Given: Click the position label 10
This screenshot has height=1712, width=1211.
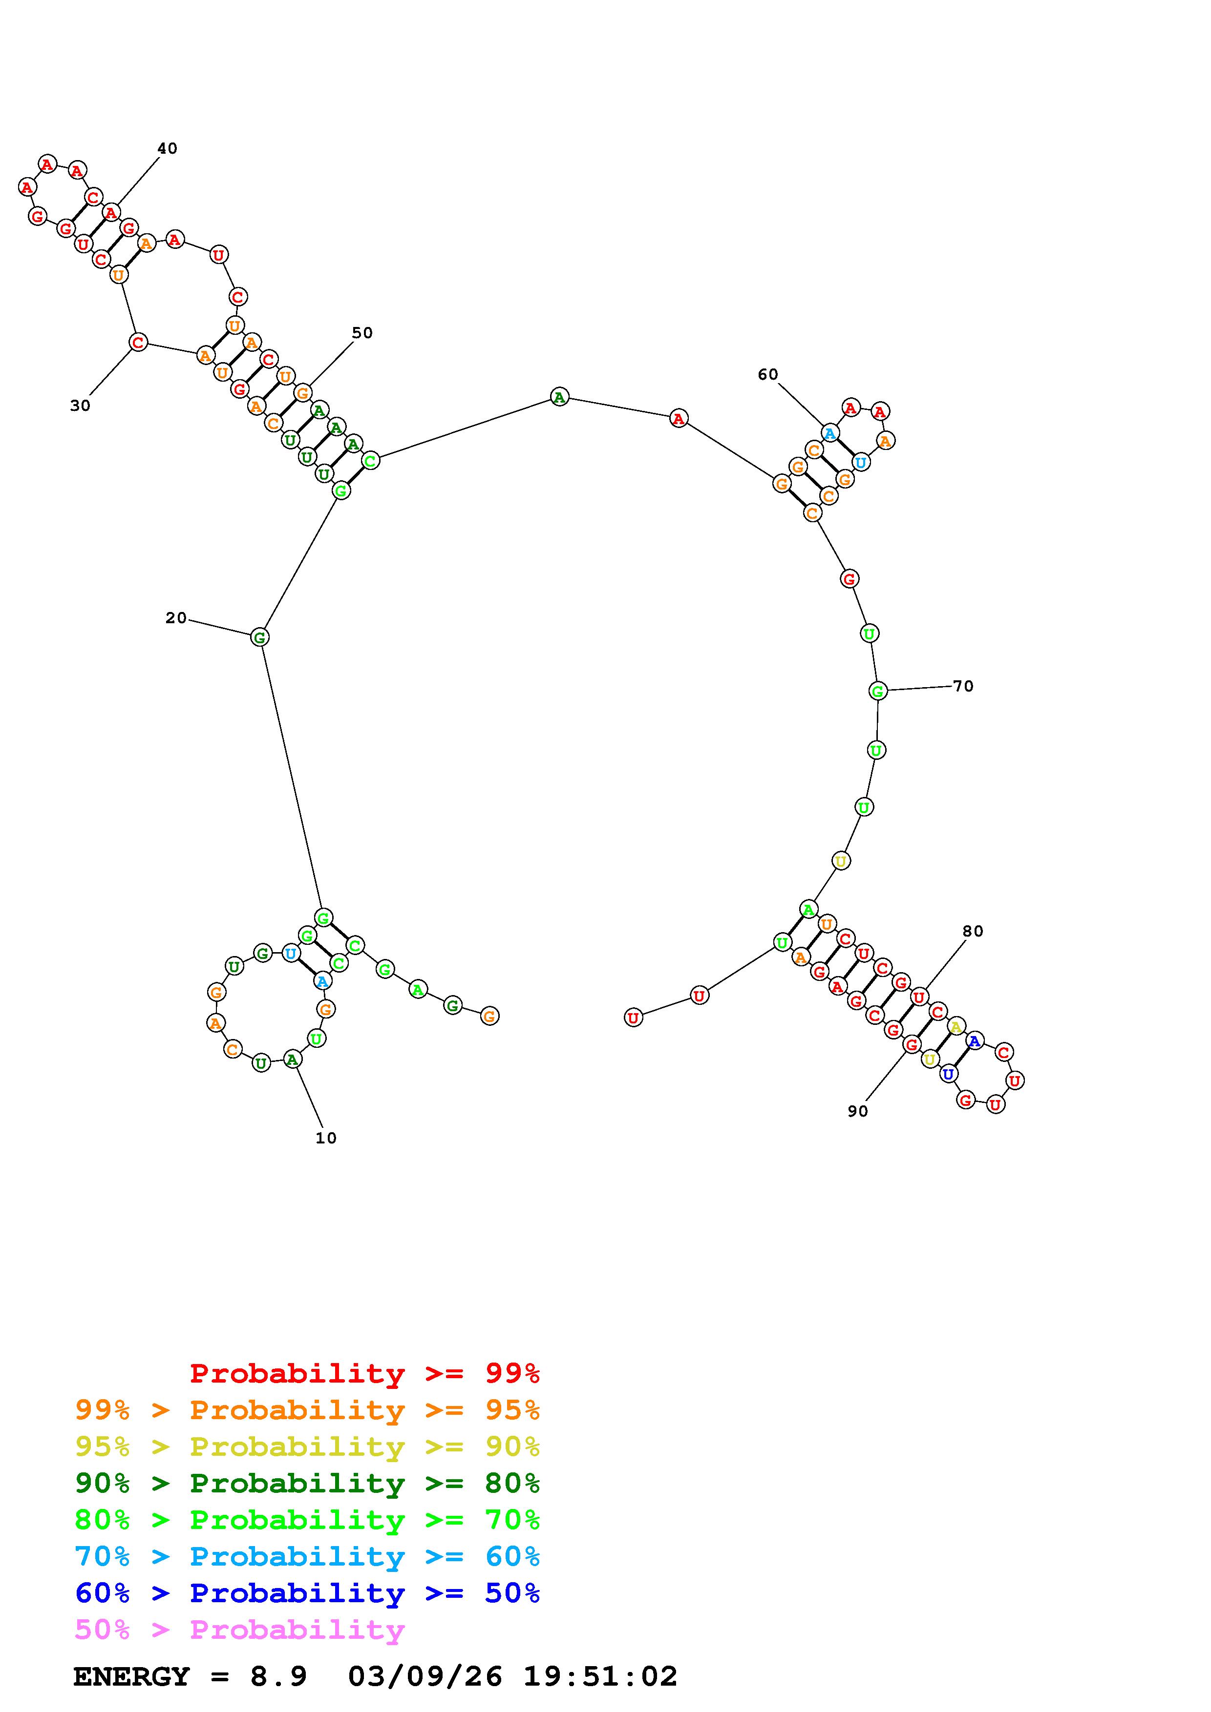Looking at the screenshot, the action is (326, 1138).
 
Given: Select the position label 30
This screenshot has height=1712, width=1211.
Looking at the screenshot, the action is (80, 406).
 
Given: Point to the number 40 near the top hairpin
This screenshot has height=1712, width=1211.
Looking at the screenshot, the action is (167, 148).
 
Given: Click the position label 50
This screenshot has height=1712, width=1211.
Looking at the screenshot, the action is (362, 332).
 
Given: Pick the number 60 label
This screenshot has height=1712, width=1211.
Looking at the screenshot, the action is (768, 374).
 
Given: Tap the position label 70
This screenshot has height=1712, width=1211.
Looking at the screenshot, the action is (963, 686).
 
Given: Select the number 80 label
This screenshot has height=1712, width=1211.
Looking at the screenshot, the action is (973, 931).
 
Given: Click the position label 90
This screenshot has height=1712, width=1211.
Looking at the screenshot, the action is (858, 1111).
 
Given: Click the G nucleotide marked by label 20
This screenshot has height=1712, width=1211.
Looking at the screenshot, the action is (259, 637).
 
